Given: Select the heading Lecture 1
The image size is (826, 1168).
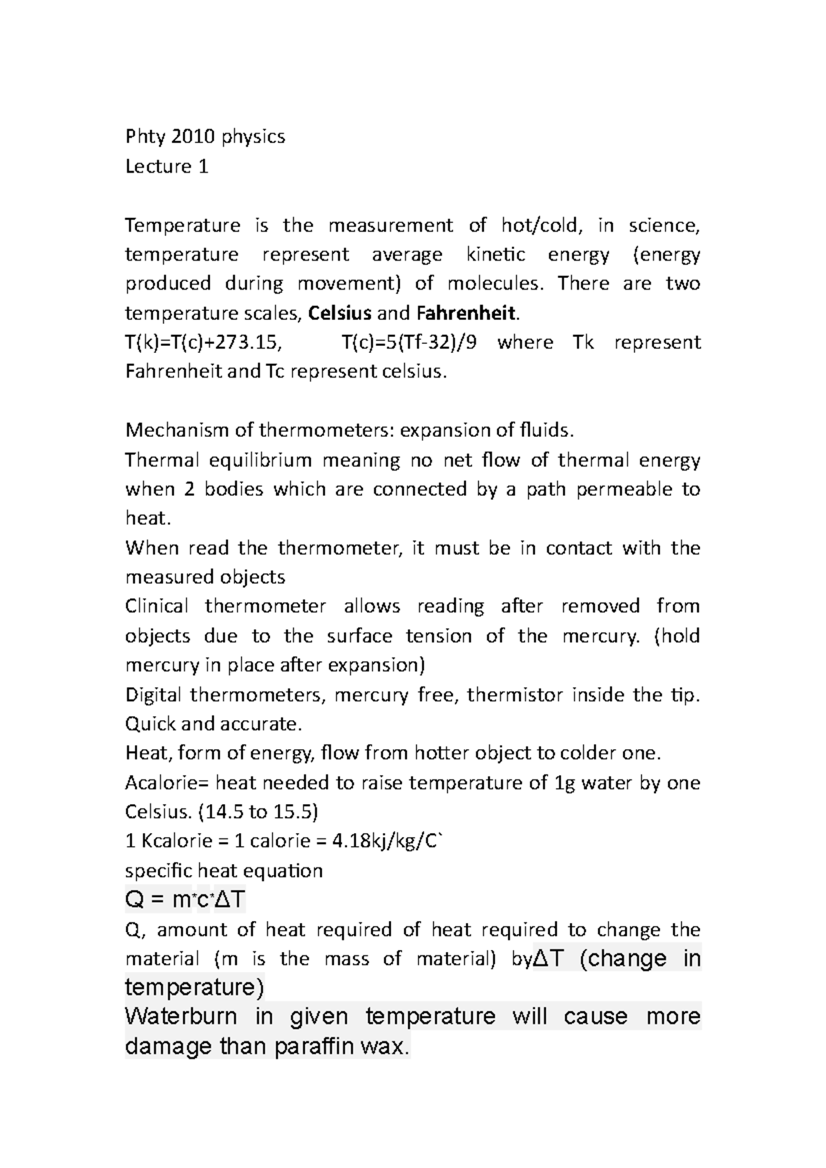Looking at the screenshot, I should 167,166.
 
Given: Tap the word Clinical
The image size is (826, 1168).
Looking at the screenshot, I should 156,607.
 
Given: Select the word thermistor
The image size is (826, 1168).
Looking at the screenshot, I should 513,695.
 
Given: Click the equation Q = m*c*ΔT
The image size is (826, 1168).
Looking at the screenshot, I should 185,900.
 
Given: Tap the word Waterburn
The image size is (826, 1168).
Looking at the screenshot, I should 181,1017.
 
